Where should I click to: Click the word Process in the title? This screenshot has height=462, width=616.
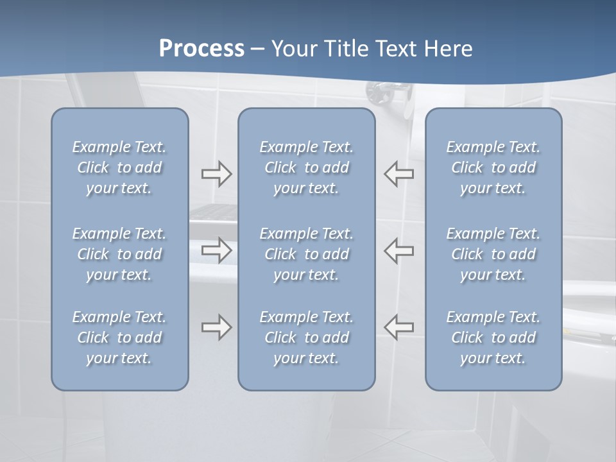201,49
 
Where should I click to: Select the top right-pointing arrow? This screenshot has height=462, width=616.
216,174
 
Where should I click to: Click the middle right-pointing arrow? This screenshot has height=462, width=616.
216,250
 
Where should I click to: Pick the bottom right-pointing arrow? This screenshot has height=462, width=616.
216,327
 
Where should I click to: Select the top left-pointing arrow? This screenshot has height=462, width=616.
399,174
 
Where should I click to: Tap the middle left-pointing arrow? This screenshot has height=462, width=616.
399,250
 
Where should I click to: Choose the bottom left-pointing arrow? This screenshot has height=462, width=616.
399,327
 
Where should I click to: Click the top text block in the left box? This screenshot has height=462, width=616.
119,167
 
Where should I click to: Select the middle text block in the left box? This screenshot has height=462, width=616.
119,254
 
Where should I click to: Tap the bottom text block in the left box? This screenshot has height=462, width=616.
119,338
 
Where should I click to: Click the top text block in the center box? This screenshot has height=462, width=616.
307,167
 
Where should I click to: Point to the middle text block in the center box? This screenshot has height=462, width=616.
307,254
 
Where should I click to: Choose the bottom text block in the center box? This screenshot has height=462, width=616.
307,338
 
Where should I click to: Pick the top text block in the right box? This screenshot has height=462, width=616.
493,167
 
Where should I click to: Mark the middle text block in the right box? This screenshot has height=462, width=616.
493,254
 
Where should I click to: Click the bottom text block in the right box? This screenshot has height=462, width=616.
493,338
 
